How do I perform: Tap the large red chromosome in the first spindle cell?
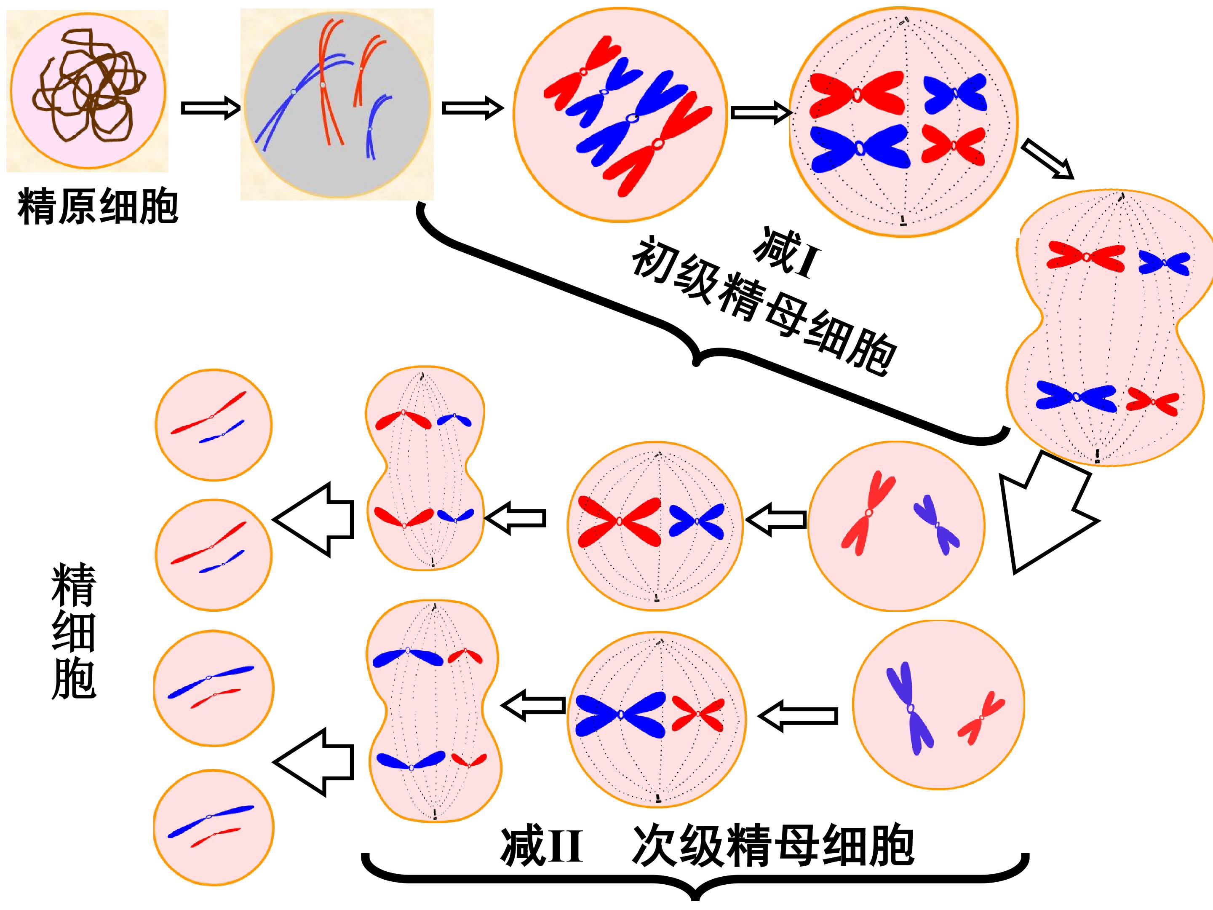coord(857,94)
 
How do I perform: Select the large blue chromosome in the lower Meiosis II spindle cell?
coord(620,714)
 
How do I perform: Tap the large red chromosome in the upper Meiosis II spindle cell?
coord(620,521)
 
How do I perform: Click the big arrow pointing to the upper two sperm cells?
coord(313,519)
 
